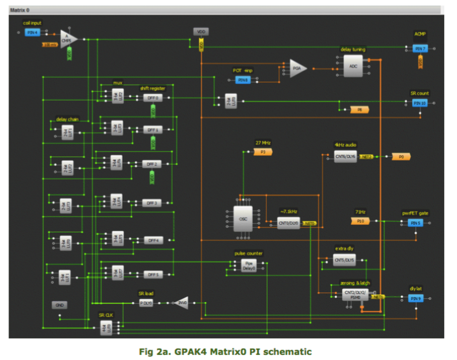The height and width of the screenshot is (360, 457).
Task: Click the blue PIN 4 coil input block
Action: click(32, 33)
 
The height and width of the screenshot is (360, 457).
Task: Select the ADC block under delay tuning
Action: click(353, 66)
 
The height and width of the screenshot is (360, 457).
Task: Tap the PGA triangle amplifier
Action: click(297, 68)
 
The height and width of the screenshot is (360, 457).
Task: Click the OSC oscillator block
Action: click(243, 219)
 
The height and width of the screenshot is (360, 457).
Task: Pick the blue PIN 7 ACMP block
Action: click(420, 49)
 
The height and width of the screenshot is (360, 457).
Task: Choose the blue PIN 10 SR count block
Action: click(420, 103)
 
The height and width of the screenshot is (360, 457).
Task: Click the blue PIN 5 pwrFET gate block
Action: click(415, 223)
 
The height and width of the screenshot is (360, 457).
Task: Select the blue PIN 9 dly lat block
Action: click(416, 299)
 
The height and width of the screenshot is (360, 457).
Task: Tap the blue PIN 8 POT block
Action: click(243, 80)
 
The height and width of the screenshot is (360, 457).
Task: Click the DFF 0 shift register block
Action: click(153, 98)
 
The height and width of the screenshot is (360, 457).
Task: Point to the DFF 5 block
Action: click(153, 275)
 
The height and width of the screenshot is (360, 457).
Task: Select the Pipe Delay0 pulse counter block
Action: click(249, 266)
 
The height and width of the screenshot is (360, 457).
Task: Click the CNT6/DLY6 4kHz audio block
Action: click(345, 156)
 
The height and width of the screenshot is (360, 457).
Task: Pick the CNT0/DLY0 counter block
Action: click(288, 223)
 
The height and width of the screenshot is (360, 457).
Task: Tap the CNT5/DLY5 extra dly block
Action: click(344, 260)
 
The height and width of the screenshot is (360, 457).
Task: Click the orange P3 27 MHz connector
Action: click(263, 152)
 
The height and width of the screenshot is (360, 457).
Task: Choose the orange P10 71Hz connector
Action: click(360, 221)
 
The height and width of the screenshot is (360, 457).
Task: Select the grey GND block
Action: click(60, 305)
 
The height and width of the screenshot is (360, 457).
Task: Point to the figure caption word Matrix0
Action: click(228, 352)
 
